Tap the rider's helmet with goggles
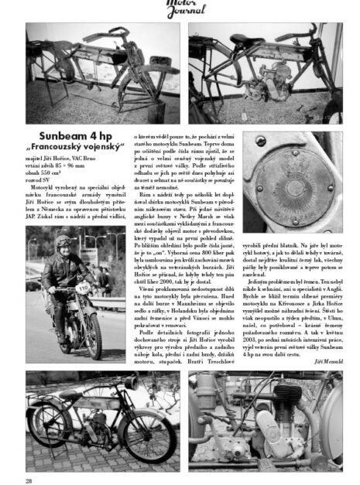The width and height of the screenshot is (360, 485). pos(62,242)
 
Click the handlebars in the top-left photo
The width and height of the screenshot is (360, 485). pos(108,36)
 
